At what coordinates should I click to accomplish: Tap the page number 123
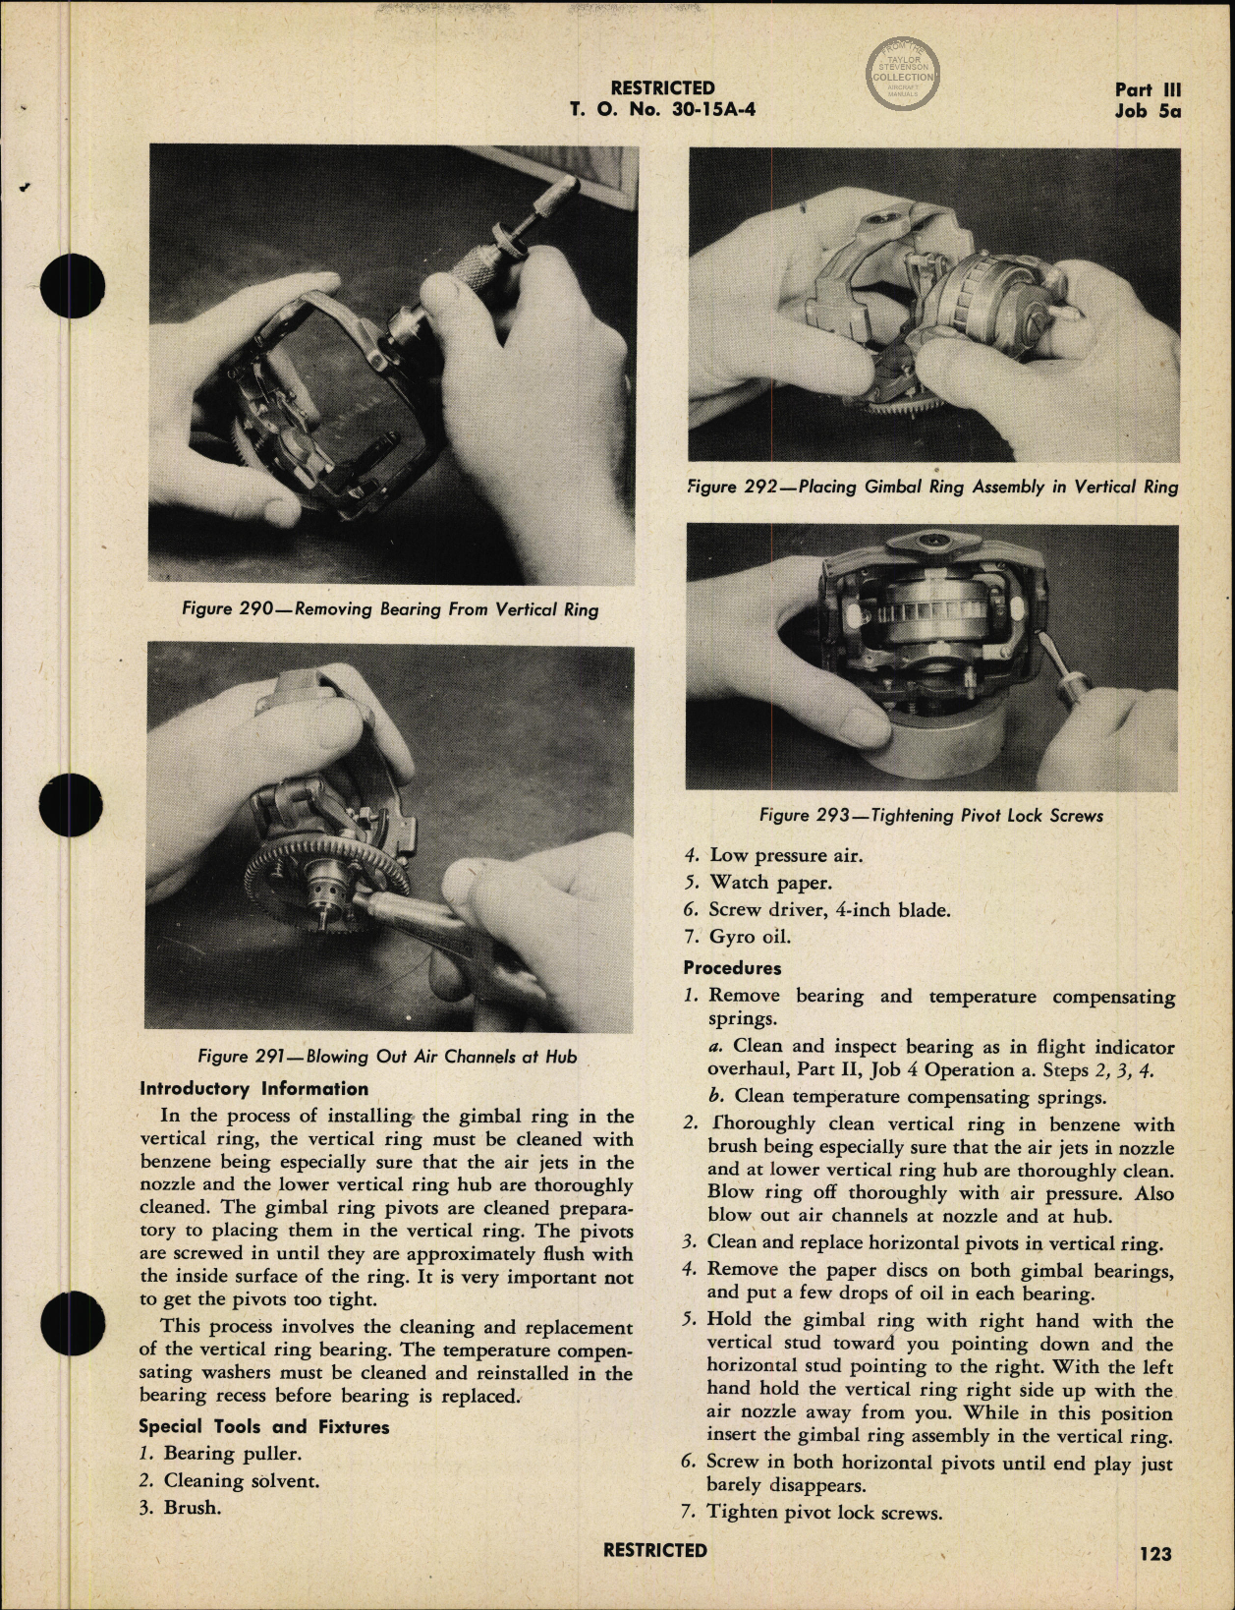click(x=1155, y=1553)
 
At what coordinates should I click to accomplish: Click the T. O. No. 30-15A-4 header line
click(x=662, y=109)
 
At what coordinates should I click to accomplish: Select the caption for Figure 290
click(x=390, y=609)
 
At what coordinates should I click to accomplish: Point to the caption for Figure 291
click(x=387, y=1057)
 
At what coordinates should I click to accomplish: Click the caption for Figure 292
click(x=932, y=487)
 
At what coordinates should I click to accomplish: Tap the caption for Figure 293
click(x=930, y=815)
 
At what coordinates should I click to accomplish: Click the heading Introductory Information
click(x=253, y=1089)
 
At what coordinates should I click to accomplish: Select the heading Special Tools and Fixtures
click(x=263, y=1426)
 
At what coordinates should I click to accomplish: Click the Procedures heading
click(x=732, y=968)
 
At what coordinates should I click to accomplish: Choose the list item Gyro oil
click(x=750, y=936)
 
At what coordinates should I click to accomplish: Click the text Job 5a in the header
click(x=1147, y=111)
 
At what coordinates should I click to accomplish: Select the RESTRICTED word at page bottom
click(x=654, y=1550)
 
